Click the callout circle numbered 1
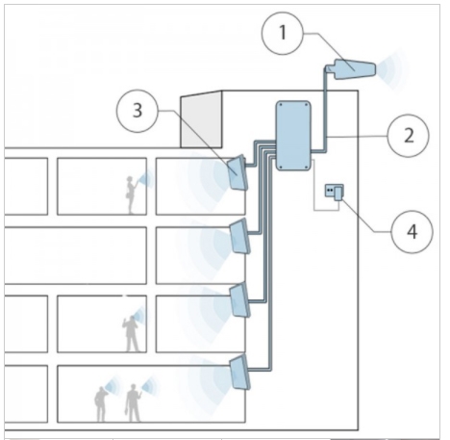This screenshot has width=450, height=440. tap(283, 34)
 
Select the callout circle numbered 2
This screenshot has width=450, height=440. tap(408, 136)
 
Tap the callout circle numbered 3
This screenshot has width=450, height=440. tap(137, 111)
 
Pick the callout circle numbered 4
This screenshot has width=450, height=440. tap(412, 232)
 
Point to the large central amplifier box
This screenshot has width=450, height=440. tap(293, 135)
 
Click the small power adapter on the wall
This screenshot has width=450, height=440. tap(335, 193)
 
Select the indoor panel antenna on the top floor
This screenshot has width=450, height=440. tap(237, 172)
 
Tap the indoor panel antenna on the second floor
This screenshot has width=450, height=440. tap(239, 236)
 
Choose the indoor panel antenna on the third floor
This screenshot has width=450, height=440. tap(240, 299)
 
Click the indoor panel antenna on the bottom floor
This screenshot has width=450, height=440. tap(240, 373)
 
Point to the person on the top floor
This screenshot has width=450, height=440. tap(131, 194)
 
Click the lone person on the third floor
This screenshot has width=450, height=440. tap(131, 334)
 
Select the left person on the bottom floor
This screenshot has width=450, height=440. tap(101, 404)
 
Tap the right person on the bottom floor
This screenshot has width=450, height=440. tap(133, 402)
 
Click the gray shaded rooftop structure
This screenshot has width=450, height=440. tap(201, 119)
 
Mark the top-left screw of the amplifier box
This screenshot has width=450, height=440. tap(281, 105)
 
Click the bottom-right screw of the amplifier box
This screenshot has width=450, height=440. tap(306, 167)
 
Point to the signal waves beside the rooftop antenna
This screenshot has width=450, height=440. tap(392, 69)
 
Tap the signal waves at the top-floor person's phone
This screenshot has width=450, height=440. tap(146, 179)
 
